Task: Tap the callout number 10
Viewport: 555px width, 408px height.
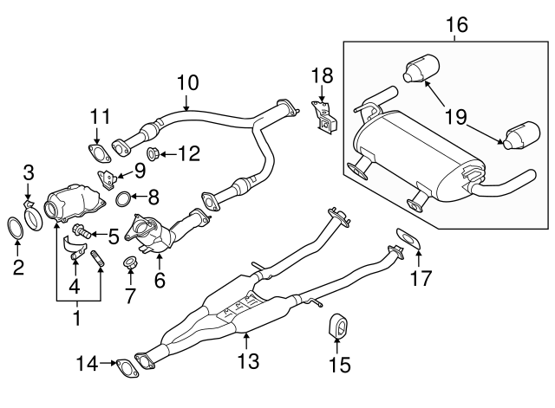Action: [188, 83]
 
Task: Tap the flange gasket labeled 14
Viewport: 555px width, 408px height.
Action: [127, 367]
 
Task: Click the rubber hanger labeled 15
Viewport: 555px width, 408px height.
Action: [337, 330]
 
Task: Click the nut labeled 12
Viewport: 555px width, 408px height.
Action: [153, 155]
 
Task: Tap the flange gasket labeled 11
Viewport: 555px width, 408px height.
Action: [101, 156]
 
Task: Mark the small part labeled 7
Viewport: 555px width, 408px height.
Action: [130, 262]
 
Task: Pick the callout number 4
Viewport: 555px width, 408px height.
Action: [75, 285]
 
